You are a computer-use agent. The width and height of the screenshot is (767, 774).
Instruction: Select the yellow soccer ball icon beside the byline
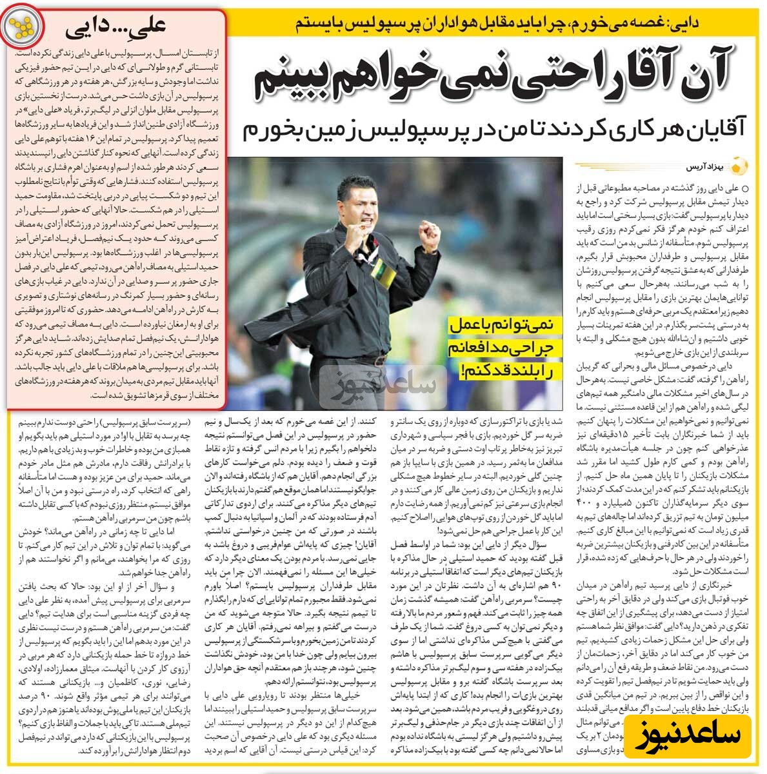pos(742,166)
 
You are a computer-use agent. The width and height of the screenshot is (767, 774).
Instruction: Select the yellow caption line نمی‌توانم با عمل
pos(506,326)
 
